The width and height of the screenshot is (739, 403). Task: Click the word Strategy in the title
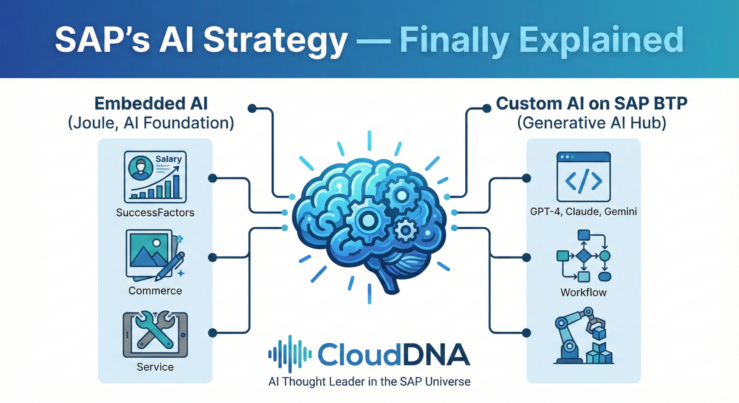(x=275, y=40)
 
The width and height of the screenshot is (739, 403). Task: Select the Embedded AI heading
(x=151, y=104)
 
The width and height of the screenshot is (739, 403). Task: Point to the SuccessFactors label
(x=155, y=212)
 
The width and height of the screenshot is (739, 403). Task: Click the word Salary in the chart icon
(x=169, y=159)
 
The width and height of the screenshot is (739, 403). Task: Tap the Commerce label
(x=155, y=291)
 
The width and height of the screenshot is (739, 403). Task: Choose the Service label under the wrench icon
(x=155, y=367)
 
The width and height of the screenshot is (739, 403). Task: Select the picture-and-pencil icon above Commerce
(x=155, y=255)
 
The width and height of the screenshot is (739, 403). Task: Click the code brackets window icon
(x=583, y=177)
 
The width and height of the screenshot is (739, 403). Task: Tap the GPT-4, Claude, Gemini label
(x=583, y=212)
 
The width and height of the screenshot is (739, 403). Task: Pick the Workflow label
(x=583, y=292)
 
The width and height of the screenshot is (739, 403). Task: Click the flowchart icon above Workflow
(x=583, y=256)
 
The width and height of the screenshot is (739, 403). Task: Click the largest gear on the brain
(x=367, y=221)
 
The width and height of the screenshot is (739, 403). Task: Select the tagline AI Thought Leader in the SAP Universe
(x=369, y=382)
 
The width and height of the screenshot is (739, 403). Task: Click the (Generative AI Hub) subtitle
(x=591, y=123)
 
